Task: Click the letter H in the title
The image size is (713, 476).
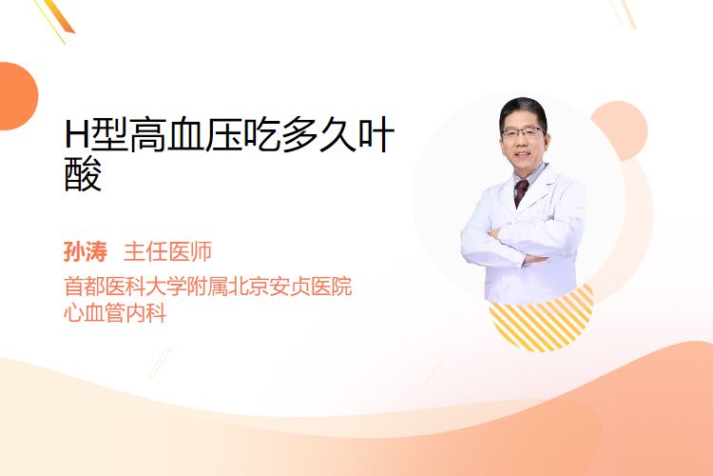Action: point(76,134)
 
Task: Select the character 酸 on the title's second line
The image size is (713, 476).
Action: point(83,173)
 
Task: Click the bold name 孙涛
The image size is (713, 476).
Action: point(85,251)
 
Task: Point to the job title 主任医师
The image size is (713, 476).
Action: point(167,251)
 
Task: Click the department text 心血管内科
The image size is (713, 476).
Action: point(115,313)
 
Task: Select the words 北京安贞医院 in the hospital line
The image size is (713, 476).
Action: point(290,287)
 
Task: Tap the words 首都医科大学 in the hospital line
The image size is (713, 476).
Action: point(125,287)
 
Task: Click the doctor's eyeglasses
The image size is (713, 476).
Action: point(522,133)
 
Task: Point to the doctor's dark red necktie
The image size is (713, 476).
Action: point(520,192)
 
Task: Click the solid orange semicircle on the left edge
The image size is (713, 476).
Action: point(17,96)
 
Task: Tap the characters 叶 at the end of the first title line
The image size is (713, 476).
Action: point(376,134)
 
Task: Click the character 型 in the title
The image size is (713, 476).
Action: point(108,134)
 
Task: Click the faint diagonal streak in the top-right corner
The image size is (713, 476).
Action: point(624,13)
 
